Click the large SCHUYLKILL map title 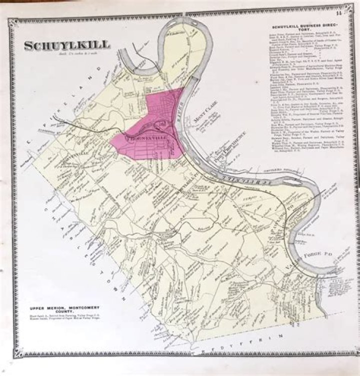[67, 45]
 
